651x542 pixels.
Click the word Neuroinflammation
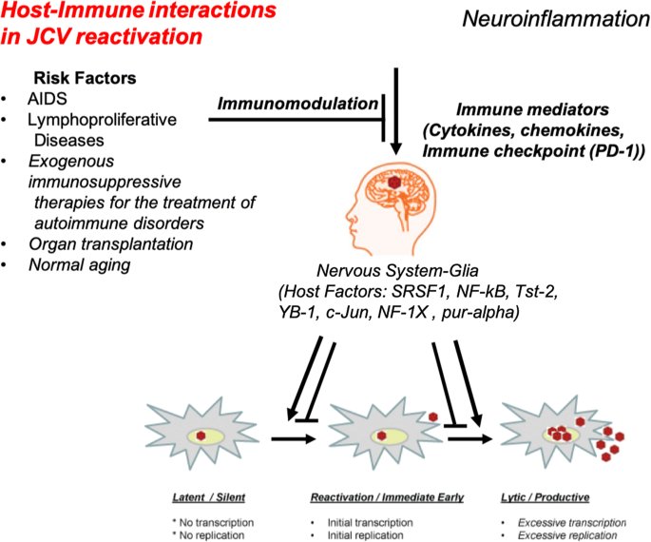pos(556,19)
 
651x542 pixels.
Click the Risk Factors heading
pos(85,78)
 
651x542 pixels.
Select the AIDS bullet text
pos(48,99)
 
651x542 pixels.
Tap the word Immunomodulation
pos(297,104)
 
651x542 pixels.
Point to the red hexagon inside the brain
pos(393,182)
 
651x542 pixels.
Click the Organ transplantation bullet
pos(111,244)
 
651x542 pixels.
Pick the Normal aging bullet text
pos(79,265)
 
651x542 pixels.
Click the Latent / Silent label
pos(209,497)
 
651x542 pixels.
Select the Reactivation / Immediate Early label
pos(387,497)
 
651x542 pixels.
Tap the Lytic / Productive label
pos(546,497)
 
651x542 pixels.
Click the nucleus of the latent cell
pos(205,436)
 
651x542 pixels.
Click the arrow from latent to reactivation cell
pos(294,438)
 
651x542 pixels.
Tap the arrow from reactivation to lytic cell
pos(469,438)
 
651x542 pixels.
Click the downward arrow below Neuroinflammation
pos(396,111)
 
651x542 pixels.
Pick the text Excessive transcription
pos(572,522)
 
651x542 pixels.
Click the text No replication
pos(211,535)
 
